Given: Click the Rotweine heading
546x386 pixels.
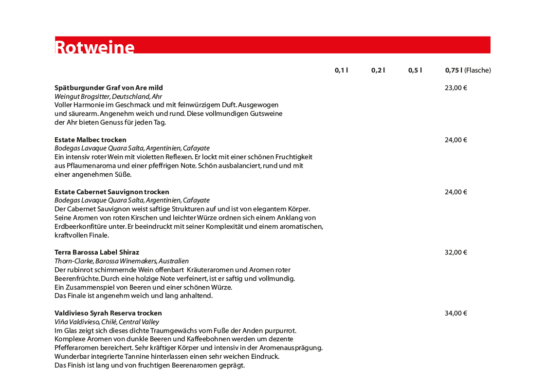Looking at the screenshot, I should (x=95, y=47).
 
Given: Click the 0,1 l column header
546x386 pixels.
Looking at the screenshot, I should (x=341, y=70).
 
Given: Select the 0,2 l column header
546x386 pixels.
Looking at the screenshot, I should (x=378, y=70).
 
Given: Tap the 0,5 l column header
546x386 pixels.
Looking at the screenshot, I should (x=415, y=70).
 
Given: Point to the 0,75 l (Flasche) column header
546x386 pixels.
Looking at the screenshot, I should (x=468, y=70).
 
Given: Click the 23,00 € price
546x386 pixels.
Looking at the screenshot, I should (x=456, y=88).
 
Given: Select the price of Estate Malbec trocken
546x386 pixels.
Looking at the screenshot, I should (x=456, y=140).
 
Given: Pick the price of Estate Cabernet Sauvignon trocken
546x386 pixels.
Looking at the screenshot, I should (x=456, y=192).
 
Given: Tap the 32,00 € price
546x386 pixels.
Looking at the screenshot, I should (x=456, y=253).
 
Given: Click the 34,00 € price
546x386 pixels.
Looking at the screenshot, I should (x=456, y=313).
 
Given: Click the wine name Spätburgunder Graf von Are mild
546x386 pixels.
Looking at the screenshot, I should (x=109, y=88).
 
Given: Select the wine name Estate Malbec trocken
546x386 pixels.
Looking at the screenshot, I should (x=91, y=140).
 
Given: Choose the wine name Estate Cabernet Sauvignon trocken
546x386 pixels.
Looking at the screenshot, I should (x=112, y=192).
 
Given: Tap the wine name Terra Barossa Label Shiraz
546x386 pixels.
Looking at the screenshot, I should (x=97, y=253).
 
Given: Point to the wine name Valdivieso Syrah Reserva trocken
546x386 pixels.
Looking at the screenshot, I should (x=108, y=313).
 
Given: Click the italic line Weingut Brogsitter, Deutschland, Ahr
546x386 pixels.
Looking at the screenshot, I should (x=108, y=97).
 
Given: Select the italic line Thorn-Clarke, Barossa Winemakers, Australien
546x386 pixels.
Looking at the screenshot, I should (x=122, y=261).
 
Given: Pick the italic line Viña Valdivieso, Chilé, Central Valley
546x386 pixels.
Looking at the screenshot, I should (x=107, y=322).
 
